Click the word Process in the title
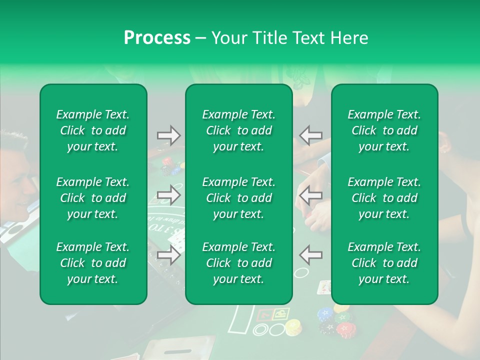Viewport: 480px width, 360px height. pyautogui.click(x=157, y=38)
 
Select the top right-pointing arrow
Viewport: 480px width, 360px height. pyautogui.click(x=168, y=135)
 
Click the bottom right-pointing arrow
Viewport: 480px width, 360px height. pyautogui.click(x=168, y=254)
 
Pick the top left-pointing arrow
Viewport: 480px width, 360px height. pyautogui.click(x=310, y=135)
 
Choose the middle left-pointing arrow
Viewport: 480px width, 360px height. pyautogui.click(x=310, y=194)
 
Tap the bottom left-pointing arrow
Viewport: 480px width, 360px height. pyautogui.click(x=310, y=254)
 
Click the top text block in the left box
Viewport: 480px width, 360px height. pyautogui.click(x=93, y=130)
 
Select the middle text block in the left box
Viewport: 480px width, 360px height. pyautogui.click(x=93, y=198)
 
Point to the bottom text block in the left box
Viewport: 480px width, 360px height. pyautogui.click(x=93, y=263)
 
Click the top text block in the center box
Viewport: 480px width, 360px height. pyautogui.click(x=239, y=130)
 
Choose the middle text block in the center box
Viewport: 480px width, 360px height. pyautogui.click(x=239, y=198)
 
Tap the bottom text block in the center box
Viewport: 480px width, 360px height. pyautogui.click(x=239, y=263)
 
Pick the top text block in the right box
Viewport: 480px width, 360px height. pyautogui.click(x=384, y=130)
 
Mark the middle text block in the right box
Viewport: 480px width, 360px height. pyautogui.click(x=384, y=198)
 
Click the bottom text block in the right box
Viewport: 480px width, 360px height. pyautogui.click(x=384, y=263)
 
